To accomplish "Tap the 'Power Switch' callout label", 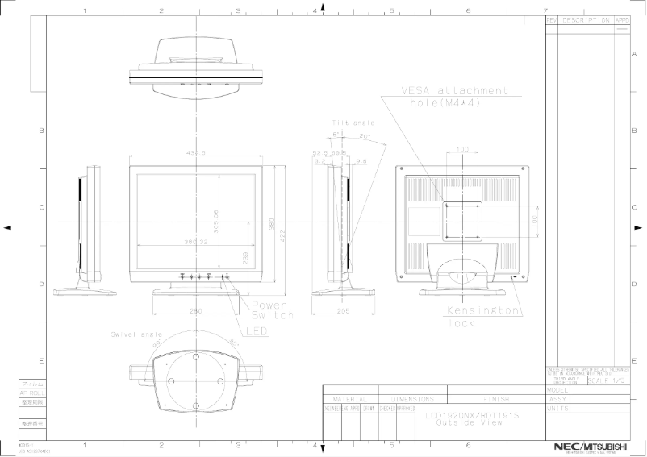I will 272,310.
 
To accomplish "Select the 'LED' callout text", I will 257,330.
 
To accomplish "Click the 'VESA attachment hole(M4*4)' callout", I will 455,97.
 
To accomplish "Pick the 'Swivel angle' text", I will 136,334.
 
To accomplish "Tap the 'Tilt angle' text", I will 349,123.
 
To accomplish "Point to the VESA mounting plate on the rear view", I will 462,218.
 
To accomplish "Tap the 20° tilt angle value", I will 364,135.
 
